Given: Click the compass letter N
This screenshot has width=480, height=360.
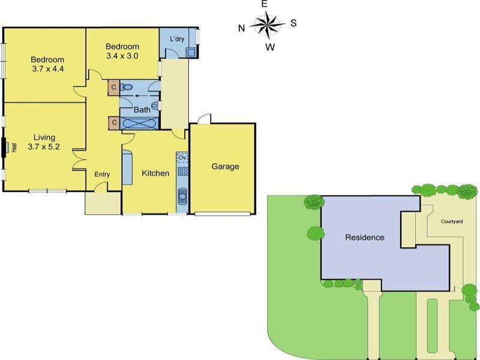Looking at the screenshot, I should click(x=241, y=27).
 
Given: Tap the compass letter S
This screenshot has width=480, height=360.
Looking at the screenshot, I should click(x=293, y=23).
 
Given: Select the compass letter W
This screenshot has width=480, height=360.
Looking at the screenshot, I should click(x=271, y=47).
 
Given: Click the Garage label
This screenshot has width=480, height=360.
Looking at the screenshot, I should click(x=225, y=167).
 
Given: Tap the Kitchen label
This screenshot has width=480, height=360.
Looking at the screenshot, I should click(x=155, y=173).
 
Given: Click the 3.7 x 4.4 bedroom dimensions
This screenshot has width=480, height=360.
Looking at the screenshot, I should click(x=48, y=69).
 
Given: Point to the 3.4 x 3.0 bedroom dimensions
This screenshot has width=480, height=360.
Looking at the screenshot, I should click(x=122, y=56).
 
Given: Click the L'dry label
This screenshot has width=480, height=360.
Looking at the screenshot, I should click(x=177, y=40).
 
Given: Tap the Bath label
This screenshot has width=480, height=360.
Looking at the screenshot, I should click(x=142, y=110).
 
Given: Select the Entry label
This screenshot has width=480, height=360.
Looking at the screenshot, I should click(x=102, y=175).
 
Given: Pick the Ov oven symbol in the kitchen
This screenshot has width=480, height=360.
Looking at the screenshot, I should click(x=183, y=158).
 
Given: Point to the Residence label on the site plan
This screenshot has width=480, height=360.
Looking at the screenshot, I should click(x=364, y=237).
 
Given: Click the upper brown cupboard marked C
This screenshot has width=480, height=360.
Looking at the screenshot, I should click(x=113, y=88).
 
